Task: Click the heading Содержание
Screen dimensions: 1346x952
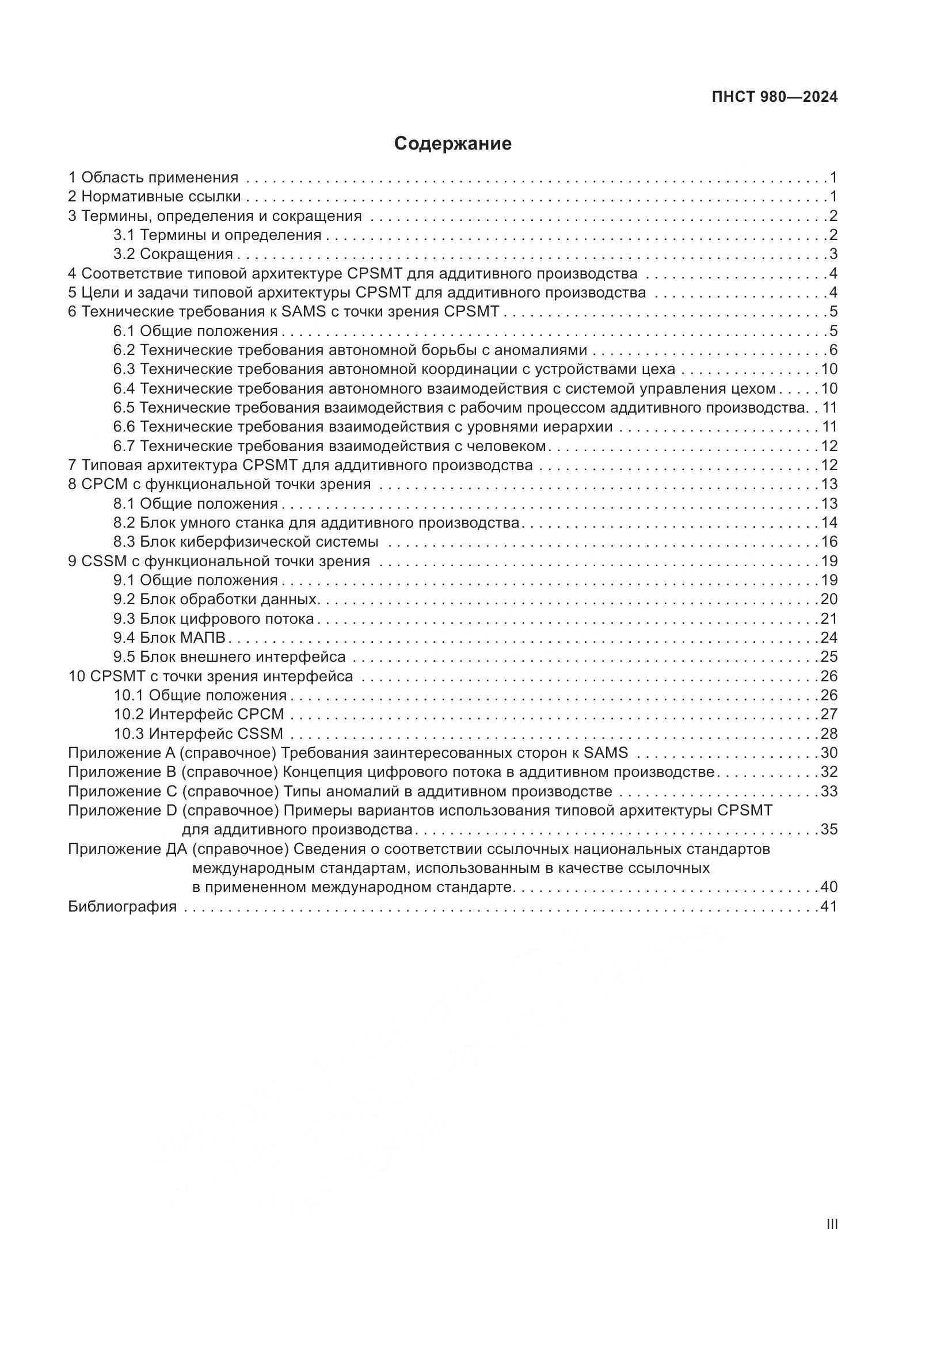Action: point(452,144)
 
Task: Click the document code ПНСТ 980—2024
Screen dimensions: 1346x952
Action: point(774,97)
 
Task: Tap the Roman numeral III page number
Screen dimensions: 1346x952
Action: point(831,1225)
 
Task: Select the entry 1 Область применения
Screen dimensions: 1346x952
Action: point(154,178)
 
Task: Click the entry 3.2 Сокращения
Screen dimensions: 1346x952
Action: point(173,254)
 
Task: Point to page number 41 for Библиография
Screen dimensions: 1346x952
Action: point(829,906)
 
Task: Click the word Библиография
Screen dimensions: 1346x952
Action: point(123,906)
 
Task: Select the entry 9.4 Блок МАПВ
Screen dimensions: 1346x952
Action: point(169,638)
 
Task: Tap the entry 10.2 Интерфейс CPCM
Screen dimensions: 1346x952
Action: point(199,715)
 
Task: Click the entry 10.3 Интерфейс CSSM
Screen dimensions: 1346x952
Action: point(198,734)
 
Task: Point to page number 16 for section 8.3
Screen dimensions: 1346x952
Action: point(829,542)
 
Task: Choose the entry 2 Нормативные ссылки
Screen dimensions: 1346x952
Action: point(154,197)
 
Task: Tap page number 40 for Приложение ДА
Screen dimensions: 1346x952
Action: point(829,887)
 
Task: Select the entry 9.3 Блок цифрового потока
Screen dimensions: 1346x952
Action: point(214,619)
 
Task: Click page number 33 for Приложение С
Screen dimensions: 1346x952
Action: point(829,791)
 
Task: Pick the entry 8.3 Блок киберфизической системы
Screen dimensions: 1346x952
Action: point(246,542)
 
